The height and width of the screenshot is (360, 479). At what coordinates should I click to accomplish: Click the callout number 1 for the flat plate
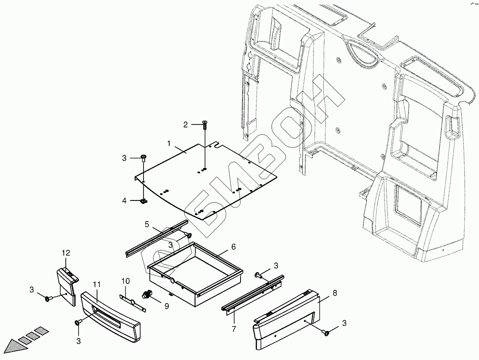pyautogui.click(x=169, y=143)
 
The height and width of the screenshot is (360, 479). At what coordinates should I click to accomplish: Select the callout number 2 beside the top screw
pyautogui.click(x=185, y=125)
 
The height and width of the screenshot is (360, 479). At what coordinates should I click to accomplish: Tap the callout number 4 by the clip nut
pyautogui.click(x=124, y=201)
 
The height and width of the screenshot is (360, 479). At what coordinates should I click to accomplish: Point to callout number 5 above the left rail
pyautogui.click(x=147, y=224)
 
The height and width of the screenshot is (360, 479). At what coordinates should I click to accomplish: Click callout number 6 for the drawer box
pyautogui.click(x=233, y=247)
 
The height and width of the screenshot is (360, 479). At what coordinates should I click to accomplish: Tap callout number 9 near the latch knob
pyautogui.click(x=167, y=306)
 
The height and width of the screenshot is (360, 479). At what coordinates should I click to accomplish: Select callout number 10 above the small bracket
pyautogui.click(x=125, y=281)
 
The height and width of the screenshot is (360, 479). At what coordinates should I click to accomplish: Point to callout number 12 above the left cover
pyautogui.click(x=66, y=253)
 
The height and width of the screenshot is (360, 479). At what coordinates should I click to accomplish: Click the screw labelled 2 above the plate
pyautogui.click(x=205, y=124)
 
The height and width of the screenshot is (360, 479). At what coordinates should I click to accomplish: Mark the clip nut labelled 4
pyautogui.click(x=144, y=201)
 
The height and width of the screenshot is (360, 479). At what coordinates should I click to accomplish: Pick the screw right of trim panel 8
pyautogui.click(x=326, y=333)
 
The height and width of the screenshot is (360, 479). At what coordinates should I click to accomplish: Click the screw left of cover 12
pyautogui.click(x=48, y=299)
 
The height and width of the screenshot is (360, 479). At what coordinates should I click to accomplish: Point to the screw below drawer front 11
pyautogui.click(x=78, y=323)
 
